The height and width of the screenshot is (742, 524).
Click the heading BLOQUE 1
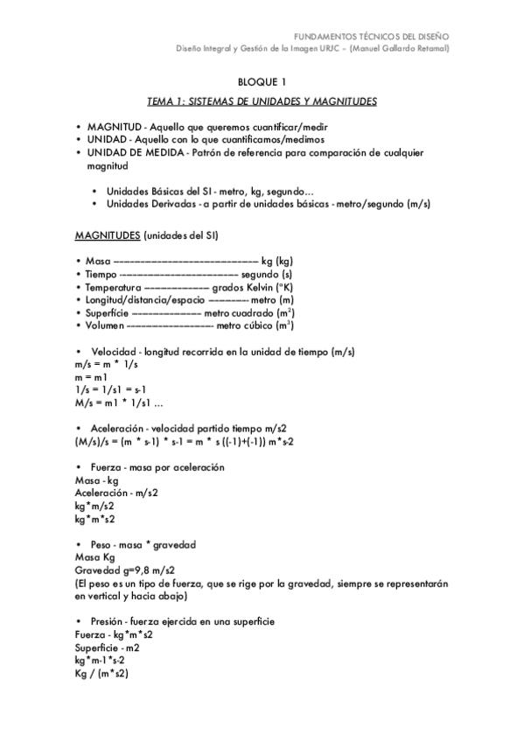[262, 82]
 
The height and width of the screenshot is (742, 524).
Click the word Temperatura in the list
[113, 287]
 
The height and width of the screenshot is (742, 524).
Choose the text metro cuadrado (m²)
[248, 312]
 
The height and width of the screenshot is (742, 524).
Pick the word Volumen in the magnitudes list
[105, 325]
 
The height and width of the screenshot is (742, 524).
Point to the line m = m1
[91, 376]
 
